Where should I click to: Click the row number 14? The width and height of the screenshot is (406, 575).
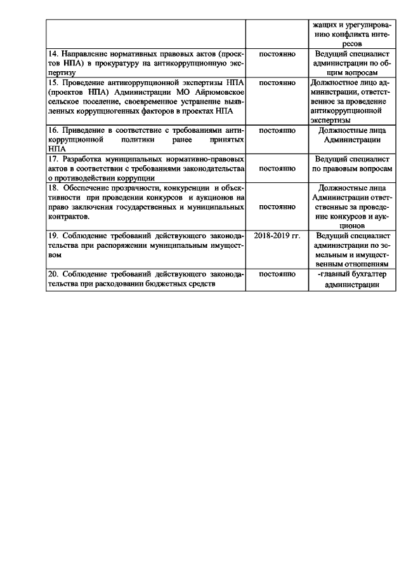pyautogui.click(x=54, y=55)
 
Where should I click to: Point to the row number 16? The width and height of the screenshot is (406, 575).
pyautogui.click(x=54, y=130)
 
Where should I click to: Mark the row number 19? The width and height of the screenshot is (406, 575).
pyautogui.click(x=54, y=235)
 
